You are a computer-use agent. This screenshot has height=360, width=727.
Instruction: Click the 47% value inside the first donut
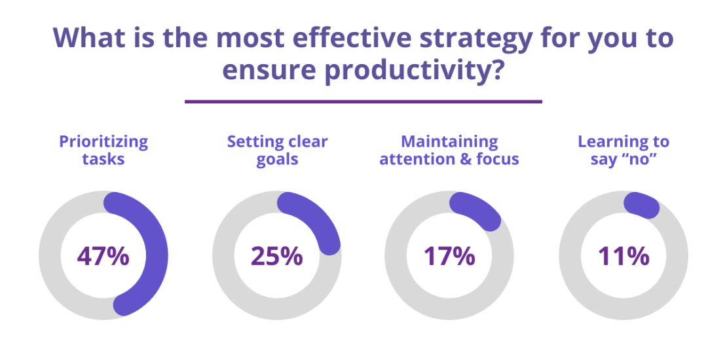coord(103,256)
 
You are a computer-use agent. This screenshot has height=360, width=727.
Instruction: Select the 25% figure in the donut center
coord(276,256)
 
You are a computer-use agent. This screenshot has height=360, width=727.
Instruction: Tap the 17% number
coord(449,256)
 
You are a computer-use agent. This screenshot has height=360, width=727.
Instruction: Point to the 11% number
coord(623,256)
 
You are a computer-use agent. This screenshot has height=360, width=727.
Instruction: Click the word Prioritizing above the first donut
coord(103,142)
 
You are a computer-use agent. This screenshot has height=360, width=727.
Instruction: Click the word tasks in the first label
coord(103,159)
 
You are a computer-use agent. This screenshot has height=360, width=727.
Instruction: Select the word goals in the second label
coord(277,159)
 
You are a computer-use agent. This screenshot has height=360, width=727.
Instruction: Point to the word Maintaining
coord(449,141)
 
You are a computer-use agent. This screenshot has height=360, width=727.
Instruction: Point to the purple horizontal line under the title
coord(363,101)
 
